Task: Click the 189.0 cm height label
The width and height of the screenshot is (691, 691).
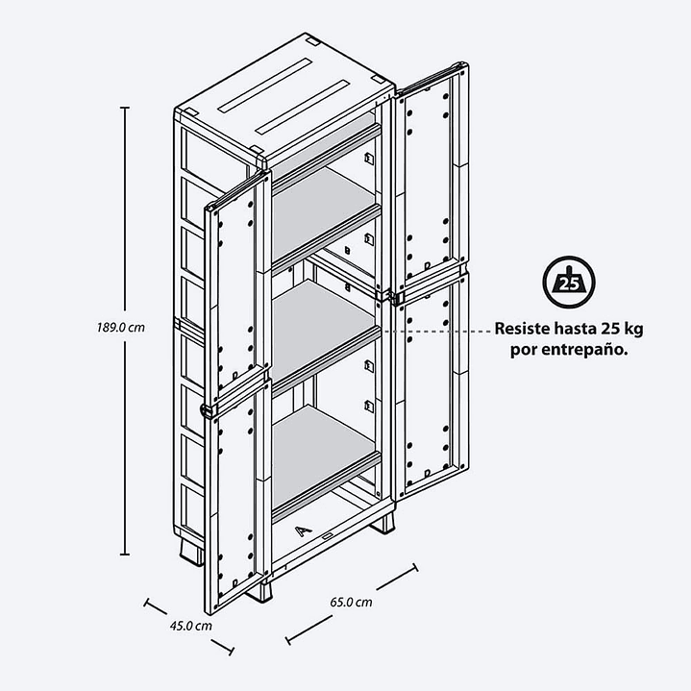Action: point(121,328)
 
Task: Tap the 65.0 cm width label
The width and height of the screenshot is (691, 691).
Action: point(351,602)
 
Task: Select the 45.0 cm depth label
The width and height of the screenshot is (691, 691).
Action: point(191,626)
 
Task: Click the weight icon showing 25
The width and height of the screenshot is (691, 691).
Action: point(569,282)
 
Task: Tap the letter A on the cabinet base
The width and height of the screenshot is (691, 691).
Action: point(303,531)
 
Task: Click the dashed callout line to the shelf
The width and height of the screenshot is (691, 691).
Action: point(436,331)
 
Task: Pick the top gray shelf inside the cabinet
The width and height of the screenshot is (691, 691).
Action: point(323,211)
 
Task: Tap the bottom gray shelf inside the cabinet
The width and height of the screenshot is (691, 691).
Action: point(323,457)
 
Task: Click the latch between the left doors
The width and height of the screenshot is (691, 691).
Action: point(207,410)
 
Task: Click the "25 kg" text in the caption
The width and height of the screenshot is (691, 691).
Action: point(620,329)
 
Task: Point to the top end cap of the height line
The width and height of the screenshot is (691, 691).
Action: point(125,107)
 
